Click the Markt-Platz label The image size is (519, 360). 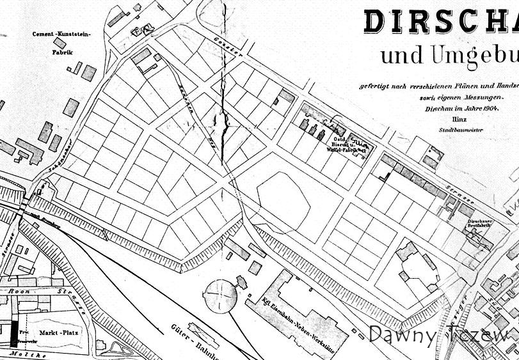[56, 334]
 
